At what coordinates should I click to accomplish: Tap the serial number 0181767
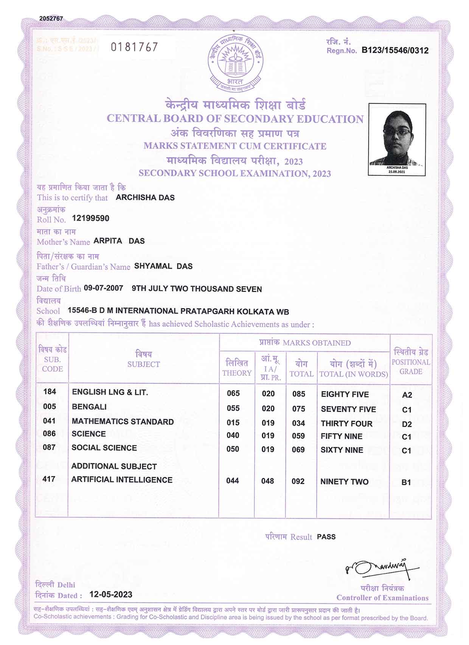(134, 47)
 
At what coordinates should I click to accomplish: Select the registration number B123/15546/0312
(395, 50)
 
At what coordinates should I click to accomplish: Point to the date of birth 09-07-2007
(103, 288)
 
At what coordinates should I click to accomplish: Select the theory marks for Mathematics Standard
(233, 423)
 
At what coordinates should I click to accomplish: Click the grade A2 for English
(407, 395)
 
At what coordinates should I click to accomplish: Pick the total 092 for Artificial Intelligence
(298, 481)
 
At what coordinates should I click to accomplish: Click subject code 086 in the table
(49, 434)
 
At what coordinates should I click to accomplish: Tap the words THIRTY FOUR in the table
(346, 423)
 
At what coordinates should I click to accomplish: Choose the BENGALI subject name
(89, 407)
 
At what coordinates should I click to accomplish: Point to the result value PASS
(326, 536)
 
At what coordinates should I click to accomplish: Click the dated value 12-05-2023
(111, 594)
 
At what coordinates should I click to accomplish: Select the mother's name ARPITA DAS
(119, 241)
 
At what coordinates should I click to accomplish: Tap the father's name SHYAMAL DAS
(163, 266)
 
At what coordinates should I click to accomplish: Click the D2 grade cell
(407, 424)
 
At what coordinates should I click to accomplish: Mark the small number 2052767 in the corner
(51, 19)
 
